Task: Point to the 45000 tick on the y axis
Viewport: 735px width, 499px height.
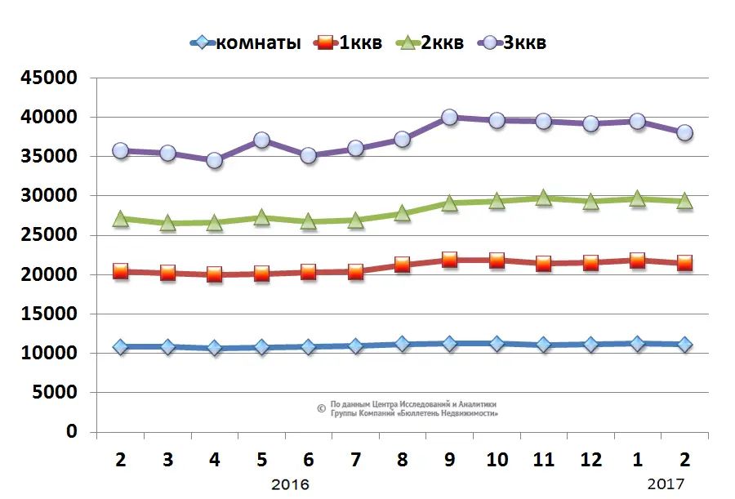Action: [x=49, y=78]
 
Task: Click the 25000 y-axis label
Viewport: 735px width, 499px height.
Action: [x=49, y=236]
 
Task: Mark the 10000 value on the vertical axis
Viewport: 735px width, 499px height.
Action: [x=49, y=354]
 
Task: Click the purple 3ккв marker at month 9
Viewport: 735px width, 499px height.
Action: [x=449, y=118]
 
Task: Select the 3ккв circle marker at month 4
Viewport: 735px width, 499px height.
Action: [x=215, y=160]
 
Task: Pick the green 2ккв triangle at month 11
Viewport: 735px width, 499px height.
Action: [x=543, y=197]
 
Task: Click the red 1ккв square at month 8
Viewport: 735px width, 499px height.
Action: [x=402, y=265]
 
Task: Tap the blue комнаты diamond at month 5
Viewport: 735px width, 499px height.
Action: [x=261, y=346]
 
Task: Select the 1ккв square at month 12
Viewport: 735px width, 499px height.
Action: [x=590, y=262]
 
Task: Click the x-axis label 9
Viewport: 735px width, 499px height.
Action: [x=449, y=460]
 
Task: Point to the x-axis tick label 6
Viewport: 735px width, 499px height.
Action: [x=309, y=460]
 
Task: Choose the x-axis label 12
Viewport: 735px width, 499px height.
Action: [x=590, y=460]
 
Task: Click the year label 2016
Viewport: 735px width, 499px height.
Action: [x=291, y=484]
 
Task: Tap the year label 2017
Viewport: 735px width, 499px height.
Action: [x=666, y=484]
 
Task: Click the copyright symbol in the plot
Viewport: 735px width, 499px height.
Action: [x=321, y=408]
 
